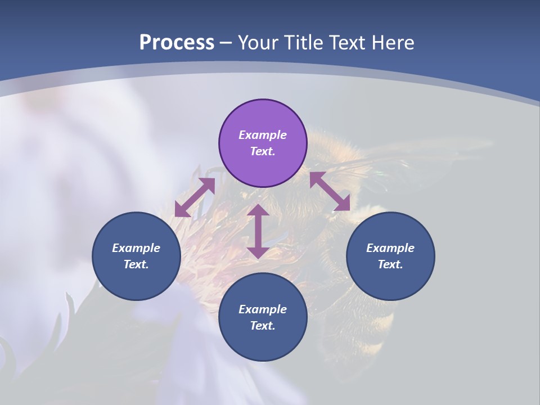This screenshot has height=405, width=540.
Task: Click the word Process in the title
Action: pyautogui.click(x=177, y=43)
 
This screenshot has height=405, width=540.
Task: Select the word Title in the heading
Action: pyautogui.click(x=304, y=43)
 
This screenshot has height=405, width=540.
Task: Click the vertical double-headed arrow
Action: pyautogui.click(x=258, y=231)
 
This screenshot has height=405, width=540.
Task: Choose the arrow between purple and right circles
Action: pyautogui.click(x=330, y=191)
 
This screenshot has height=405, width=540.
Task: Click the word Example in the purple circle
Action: pyautogui.click(x=263, y=135)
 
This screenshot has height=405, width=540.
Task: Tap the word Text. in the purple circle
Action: pyautogui.click(x=263, y=151)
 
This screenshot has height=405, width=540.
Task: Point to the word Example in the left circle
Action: pyautogui.click(x=136, y=248)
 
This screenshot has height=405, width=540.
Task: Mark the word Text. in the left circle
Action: pyautogui.click(x=136, y=264)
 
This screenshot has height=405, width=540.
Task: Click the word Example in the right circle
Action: pyautogui.click(x=390, y=248)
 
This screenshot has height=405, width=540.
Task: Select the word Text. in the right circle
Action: pyautogui.click(x=390, y=264)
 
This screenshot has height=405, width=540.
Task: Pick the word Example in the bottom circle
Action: pyautogui.click(x=263, y=309)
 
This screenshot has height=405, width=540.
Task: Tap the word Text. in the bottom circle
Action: pyautogui.click(x=263, y=326)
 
